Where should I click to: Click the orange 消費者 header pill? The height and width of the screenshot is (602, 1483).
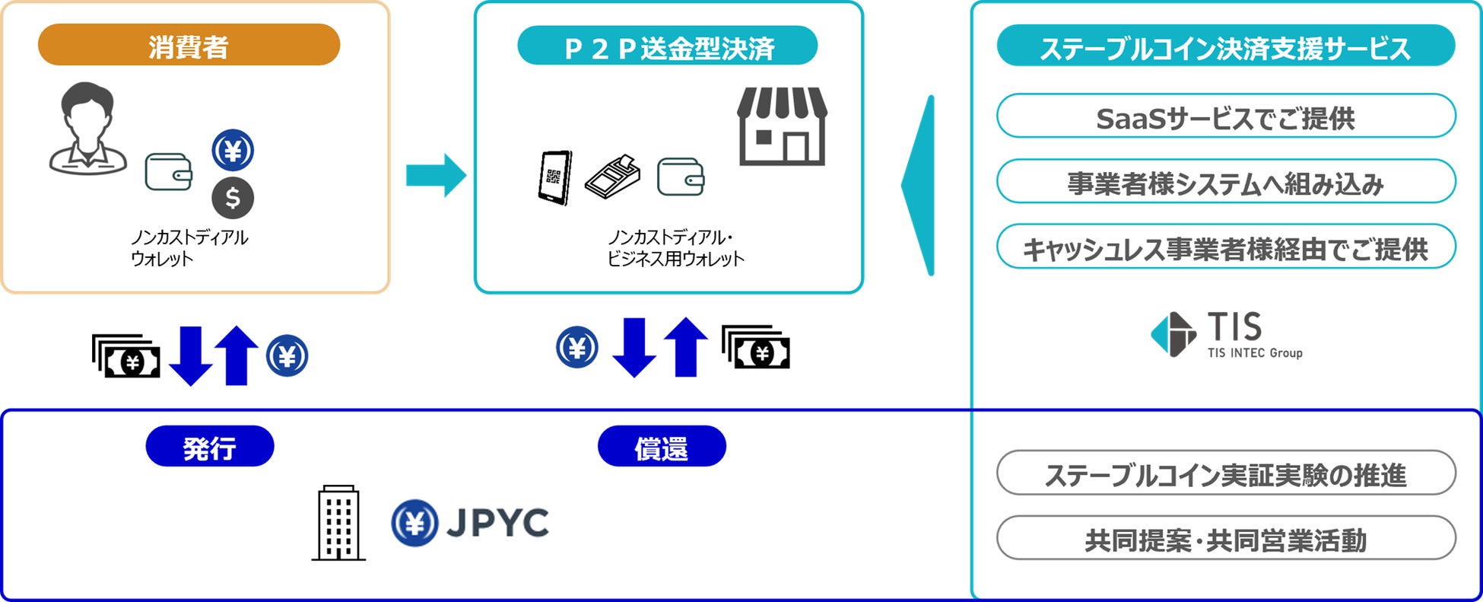click(189, 45)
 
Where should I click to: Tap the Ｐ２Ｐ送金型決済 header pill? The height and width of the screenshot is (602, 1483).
click(667, 46)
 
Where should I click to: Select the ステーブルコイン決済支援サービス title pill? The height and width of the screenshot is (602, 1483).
click(1225, 46)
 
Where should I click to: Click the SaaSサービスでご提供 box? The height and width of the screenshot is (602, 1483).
click(1225, 116)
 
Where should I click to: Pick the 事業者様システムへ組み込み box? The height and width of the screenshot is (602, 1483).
click(1225, 182)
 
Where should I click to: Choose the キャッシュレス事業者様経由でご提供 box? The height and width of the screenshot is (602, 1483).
click(1225, 247)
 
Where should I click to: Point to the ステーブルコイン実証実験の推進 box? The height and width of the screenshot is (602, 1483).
click(1225, 473)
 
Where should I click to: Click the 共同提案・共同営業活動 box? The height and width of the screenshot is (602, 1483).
click(1225, 539)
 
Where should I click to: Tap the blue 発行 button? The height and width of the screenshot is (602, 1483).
click(209, 447)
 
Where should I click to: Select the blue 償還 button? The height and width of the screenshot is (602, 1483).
click(661, 447)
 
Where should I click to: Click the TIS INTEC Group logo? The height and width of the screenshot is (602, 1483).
click(1226, 335)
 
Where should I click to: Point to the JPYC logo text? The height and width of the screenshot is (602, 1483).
click(497, 523)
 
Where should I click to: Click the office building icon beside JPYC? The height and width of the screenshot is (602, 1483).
click(338, 524)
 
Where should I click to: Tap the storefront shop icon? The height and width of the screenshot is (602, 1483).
click(782, 126)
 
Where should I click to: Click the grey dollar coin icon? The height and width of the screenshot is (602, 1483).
click(233, 198)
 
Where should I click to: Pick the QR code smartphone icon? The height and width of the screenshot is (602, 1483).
click(554, 177)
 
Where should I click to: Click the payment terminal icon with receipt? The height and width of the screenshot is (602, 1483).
click(613, 177)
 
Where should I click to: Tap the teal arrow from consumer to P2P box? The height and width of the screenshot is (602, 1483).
click(436, 175)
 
